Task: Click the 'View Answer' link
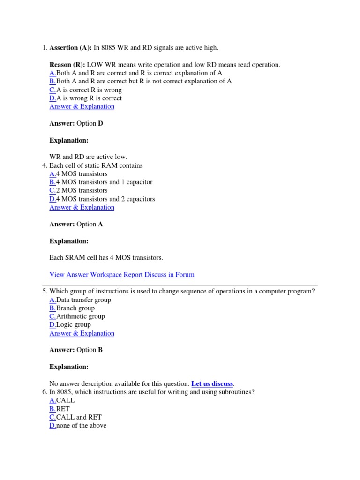[x=68, y=275]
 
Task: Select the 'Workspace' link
[x=106, y=275]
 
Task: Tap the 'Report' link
[x=133, y=275]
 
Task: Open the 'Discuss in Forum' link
[x=169, y=275]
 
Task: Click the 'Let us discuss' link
[x=212, y=383]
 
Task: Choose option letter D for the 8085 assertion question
[x=52, y=98]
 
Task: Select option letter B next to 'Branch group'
[x=52, y=308]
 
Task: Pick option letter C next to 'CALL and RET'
[x=52, y=417]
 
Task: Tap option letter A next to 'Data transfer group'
[x=52, y=300]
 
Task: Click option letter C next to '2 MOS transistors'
[x=52, y=190]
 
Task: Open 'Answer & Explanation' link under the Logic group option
[x=82, y=333]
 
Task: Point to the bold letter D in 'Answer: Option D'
[x=100, y=123]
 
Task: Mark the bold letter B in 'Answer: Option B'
[x=100, y=350]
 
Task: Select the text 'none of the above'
[x=81, y=426]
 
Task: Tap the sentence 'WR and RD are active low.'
[x=88, y=157]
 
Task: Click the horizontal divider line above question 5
[x=180, y=285]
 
